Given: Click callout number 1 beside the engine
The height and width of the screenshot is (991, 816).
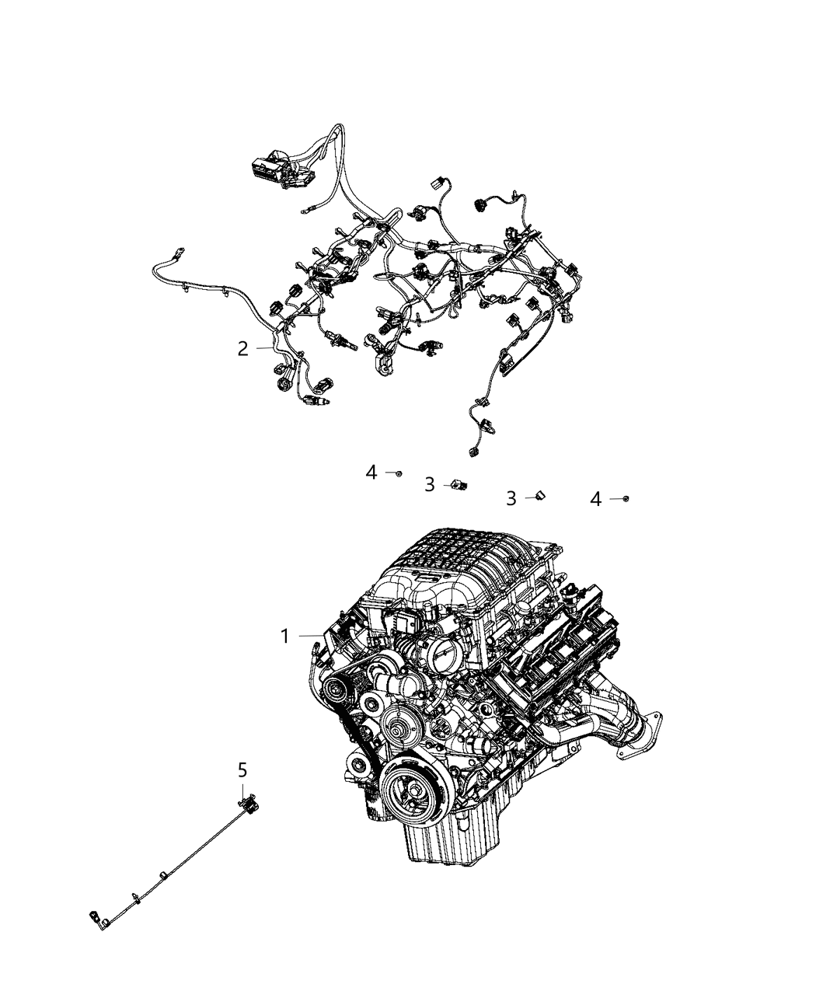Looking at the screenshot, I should (284, 637).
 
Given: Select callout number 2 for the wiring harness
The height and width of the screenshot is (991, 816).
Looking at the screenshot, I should (242, 349).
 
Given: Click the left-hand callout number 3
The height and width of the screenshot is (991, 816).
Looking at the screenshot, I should (429, 485).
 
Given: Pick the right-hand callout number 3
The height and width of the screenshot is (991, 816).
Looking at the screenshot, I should (511, 498).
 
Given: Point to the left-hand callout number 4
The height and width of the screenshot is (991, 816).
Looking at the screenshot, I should (371, 472).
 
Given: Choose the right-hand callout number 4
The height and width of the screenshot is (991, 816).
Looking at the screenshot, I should (595, 498).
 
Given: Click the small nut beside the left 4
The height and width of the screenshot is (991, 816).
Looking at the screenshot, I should (399, 473).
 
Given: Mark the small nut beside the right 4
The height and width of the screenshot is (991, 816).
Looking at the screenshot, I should (625, 498).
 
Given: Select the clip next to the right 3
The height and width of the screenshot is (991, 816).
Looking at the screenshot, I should (540, 496).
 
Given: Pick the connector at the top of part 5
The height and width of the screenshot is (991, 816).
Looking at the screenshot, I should (249, 803).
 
